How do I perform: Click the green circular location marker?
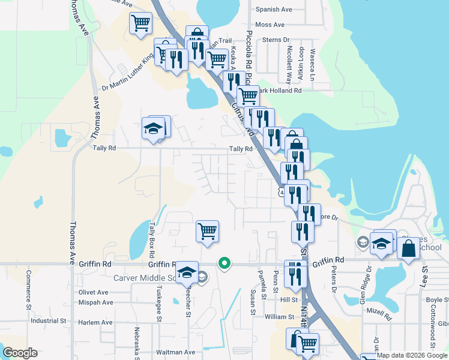(x=224, y=263)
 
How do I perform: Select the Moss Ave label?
(x=270, y=25)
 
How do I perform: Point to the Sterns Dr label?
(x=276, y=40)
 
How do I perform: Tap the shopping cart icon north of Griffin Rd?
(x=207, y=230)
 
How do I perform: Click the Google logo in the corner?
(x=20, y=353)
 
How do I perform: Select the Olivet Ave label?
(x=93, y=292)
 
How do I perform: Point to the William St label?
(x=279, y=316)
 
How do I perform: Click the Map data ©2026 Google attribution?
(x=412, y=355)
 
